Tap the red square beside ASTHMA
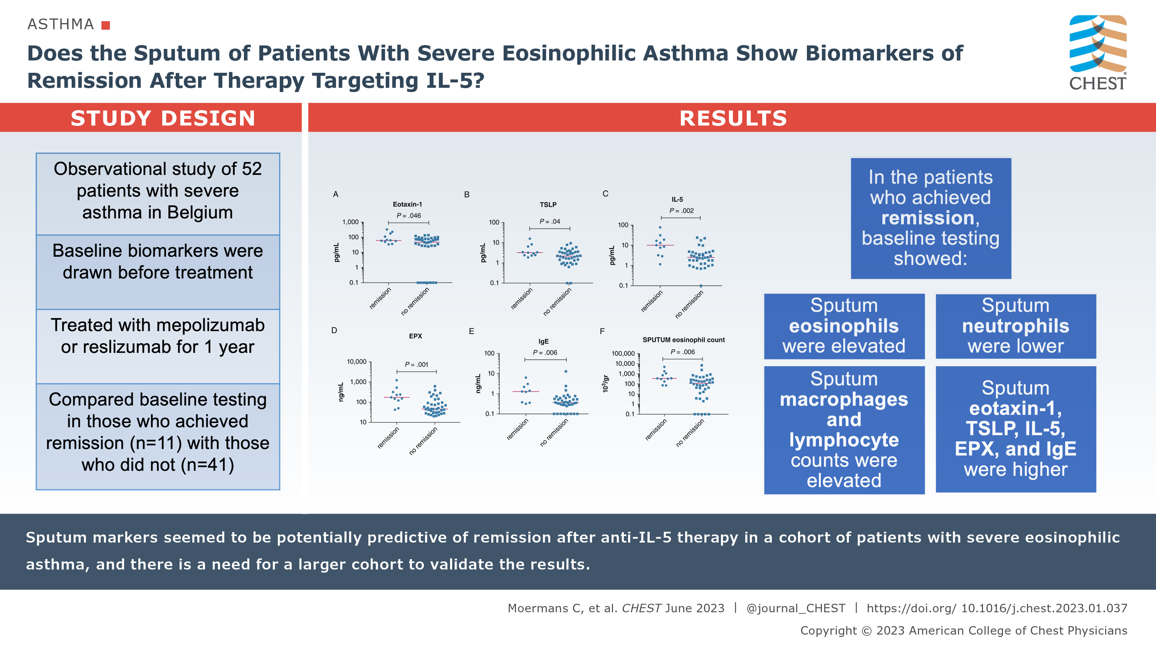point(106,25)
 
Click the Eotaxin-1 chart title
point(407,204)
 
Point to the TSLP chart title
point(548,204)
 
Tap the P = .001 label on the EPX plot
point(417,365)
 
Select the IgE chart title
point(543,342)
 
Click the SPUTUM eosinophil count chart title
point(684,340)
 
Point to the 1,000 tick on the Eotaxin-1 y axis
point(351,222)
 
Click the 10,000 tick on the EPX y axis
point(357,362)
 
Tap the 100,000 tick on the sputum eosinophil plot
point(623,353)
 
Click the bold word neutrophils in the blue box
point(1015,326)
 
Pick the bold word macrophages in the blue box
point(843,399)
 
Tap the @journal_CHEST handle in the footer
point(796,608)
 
